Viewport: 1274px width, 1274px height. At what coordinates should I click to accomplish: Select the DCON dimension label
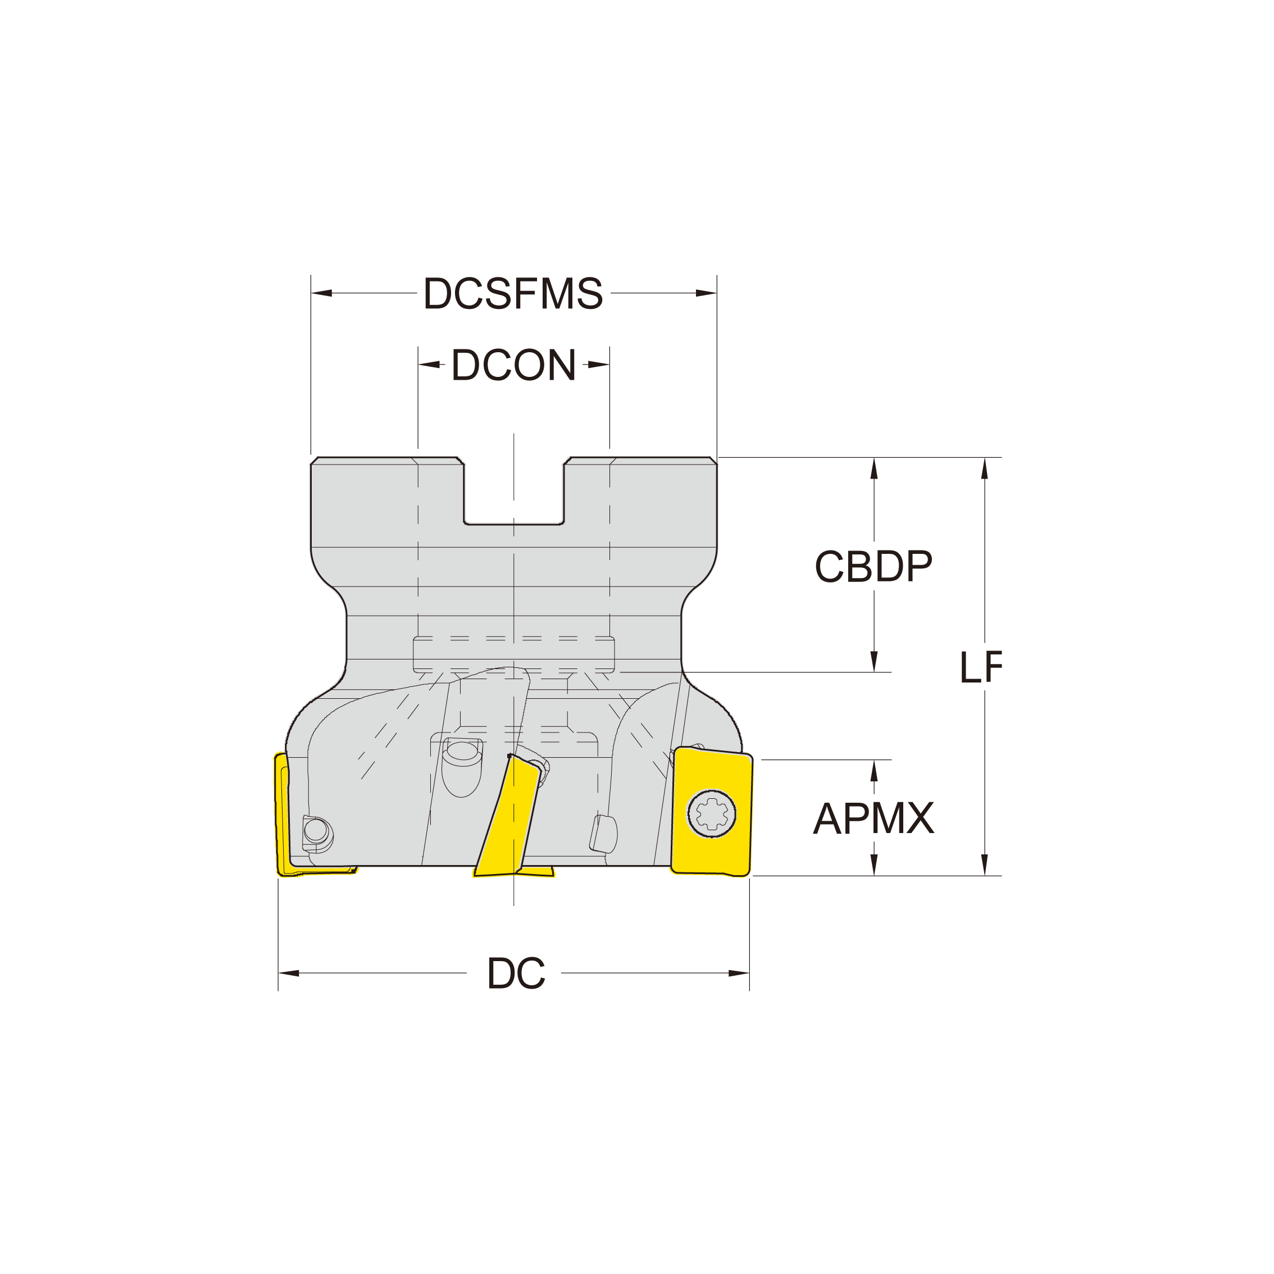513,365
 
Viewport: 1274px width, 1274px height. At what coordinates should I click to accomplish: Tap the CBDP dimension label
873,566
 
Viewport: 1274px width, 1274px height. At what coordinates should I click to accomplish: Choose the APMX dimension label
873,818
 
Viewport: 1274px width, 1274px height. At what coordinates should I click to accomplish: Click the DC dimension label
516,974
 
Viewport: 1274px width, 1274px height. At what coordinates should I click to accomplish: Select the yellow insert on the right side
712,812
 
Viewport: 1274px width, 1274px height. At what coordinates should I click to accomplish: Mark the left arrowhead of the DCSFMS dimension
321,293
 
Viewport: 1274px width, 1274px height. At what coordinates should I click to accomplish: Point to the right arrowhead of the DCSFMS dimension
706,293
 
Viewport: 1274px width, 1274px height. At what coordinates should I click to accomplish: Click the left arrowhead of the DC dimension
289,973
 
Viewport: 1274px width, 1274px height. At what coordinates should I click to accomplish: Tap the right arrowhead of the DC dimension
739,973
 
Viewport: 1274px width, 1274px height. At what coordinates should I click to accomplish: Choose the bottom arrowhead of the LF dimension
985,865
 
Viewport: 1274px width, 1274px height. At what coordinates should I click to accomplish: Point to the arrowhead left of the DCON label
429,364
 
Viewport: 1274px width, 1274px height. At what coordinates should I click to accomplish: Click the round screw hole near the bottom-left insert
316,830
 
